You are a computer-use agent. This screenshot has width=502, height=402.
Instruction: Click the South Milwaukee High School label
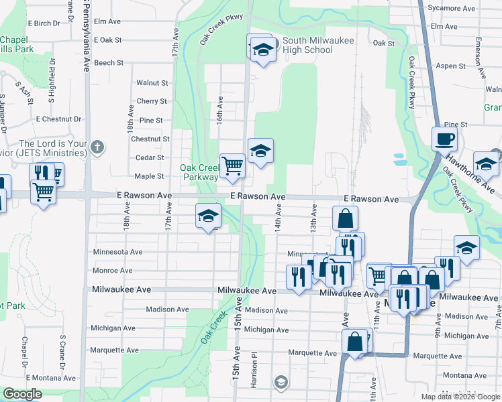pos(307,46)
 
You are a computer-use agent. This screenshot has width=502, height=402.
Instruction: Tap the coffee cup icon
pos(444,139)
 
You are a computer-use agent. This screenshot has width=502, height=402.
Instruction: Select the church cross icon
pos(97,147)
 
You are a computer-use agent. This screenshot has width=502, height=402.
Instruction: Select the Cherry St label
pos(152,101)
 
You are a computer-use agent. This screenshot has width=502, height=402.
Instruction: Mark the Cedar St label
pos(150,157)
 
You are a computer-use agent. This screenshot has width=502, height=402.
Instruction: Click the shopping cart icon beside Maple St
pos(232,165)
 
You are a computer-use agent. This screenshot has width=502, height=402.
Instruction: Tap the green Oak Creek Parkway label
pos(199,172)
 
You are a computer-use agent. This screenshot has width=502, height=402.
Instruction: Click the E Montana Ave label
pos(54,379)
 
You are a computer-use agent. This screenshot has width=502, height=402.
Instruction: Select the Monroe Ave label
pos(111,271)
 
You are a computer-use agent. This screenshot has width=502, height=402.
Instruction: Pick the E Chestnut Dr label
pos(58,119)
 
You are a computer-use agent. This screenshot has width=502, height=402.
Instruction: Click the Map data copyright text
pos(460,397)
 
